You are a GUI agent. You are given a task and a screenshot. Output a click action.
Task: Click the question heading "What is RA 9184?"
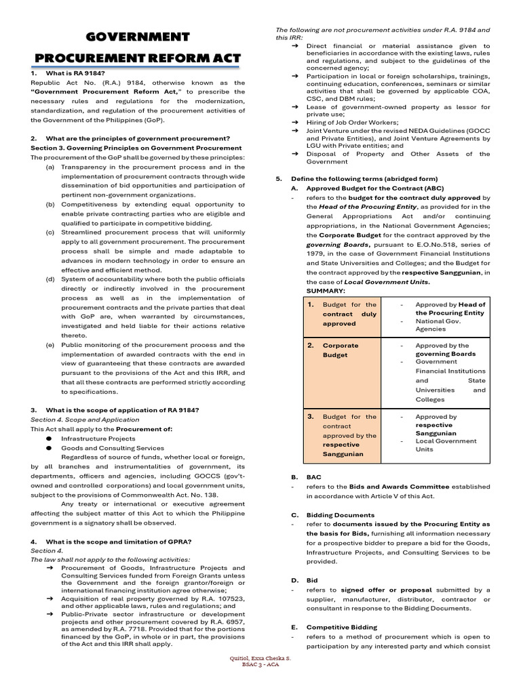[x=75, y=73]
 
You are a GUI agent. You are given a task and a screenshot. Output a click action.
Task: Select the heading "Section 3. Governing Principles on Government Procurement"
[x=136, y=148]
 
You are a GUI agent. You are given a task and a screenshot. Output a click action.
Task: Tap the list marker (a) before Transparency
[x=50, y=167]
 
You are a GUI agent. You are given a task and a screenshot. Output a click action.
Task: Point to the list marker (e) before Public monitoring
[x=50, y=345]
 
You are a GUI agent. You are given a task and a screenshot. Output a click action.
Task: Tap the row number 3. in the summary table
[x=310, y=417]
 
